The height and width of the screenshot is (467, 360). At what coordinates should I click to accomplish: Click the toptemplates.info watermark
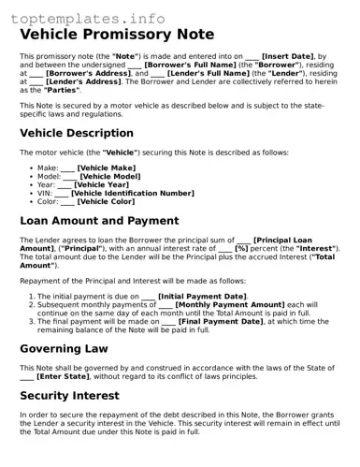[83, 18]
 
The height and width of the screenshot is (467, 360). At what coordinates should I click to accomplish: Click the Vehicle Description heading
[77, 133]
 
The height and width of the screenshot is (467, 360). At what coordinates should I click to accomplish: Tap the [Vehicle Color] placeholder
[106, 201]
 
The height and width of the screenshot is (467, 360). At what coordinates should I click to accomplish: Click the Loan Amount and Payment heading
[99, 221]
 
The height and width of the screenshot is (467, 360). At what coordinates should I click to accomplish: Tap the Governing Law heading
[64, 348]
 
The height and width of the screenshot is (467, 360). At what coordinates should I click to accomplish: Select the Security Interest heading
[71, 396]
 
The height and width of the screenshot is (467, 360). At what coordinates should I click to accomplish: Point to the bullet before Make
[31, 168]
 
